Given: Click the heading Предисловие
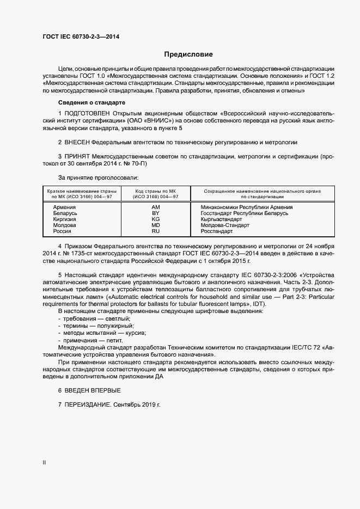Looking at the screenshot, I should click(188, 54).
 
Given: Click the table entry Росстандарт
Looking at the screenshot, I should click(216, 231).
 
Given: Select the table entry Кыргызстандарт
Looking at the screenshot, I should click(221, 219).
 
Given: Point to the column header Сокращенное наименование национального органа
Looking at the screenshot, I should click(262, 191).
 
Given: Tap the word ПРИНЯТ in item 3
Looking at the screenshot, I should click(77, 156).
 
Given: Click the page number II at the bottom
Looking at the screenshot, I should click(44, 463).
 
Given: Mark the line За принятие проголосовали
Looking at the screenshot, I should click(98, 177).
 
